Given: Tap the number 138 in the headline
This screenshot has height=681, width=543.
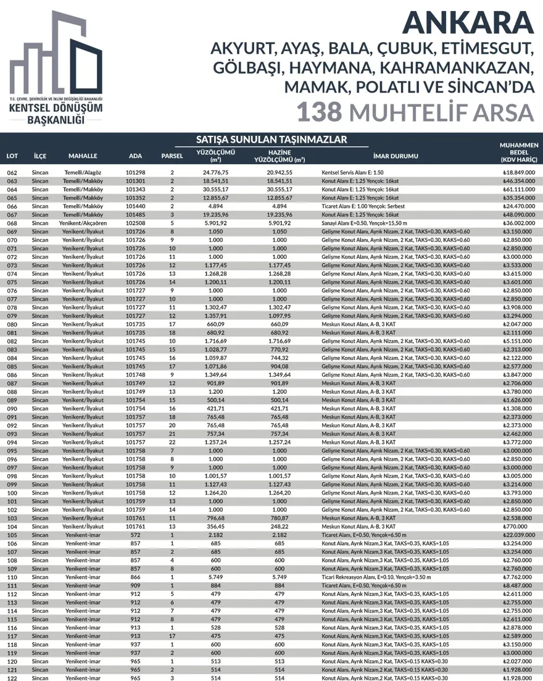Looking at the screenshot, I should [x=319, y=112].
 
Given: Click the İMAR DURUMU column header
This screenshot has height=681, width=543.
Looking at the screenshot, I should [x=396, y=156].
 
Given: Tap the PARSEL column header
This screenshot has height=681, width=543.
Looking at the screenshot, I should [x=172, y=156].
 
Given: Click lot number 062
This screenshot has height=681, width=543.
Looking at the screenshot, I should [x=12, y=172].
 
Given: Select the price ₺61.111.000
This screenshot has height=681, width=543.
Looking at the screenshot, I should [x=518, y=189].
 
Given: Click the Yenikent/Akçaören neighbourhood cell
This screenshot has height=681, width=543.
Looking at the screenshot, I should [x=83, y=223].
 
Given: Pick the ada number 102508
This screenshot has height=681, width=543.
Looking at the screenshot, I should [x=135, y=223].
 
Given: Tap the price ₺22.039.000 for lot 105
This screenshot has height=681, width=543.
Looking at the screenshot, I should [x=518, y=535].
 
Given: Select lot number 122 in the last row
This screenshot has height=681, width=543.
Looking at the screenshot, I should [x=12, y=678].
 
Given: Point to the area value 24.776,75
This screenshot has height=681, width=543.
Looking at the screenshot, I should [x=216, y=172].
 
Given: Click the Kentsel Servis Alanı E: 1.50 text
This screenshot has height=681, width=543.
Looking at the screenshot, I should [x=353, y=172].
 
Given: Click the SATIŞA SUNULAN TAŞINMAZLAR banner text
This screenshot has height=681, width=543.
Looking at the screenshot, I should [x=271, y=139].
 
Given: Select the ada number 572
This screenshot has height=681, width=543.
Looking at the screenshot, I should [x=135, y=535].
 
